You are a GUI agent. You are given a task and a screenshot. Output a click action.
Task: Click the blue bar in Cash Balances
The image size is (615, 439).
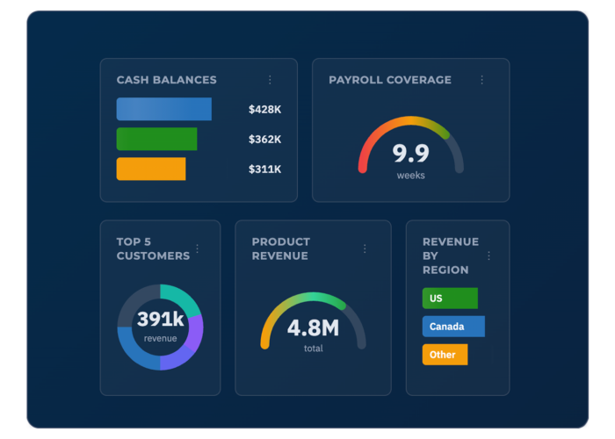click(163, 109)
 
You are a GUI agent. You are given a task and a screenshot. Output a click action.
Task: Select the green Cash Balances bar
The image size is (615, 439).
click(156, 139)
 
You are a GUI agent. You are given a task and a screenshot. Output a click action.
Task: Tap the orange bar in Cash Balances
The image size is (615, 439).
click(150, 169)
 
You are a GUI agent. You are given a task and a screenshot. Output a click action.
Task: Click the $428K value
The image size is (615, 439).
click(264, 110)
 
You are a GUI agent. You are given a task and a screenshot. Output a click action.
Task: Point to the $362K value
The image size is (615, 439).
click(264, 140)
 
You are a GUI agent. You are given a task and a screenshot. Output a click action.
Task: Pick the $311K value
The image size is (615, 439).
click(264, 169)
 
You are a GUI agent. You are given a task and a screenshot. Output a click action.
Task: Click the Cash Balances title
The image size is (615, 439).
click(166, 80)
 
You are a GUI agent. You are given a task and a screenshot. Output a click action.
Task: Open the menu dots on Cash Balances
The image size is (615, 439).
click(270, 80)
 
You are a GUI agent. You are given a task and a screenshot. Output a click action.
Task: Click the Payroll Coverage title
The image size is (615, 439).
click(390, 80)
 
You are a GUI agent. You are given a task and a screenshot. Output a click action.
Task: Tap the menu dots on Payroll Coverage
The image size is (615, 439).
click(481, 80)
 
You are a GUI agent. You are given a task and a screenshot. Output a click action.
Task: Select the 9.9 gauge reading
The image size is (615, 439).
click(410, 154)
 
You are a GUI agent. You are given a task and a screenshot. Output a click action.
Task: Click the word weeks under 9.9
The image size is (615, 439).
click(410, 176)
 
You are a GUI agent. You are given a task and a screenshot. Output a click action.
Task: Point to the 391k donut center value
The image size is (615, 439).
click(160, 320)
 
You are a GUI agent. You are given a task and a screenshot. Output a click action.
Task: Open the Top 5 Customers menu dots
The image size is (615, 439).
click(197, 248)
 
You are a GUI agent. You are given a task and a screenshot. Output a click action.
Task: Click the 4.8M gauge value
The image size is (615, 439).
click(313, 328)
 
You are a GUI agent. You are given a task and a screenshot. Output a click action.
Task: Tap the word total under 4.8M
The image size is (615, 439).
click(313, 349)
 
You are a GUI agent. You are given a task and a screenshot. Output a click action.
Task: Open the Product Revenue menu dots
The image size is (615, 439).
click(365, 248)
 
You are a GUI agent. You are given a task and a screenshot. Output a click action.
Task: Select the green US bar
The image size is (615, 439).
click(450, 299)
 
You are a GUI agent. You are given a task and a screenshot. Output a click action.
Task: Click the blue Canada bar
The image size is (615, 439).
click(453, 327)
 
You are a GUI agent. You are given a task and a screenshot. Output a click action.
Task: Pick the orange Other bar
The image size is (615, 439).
click(445, 355)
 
